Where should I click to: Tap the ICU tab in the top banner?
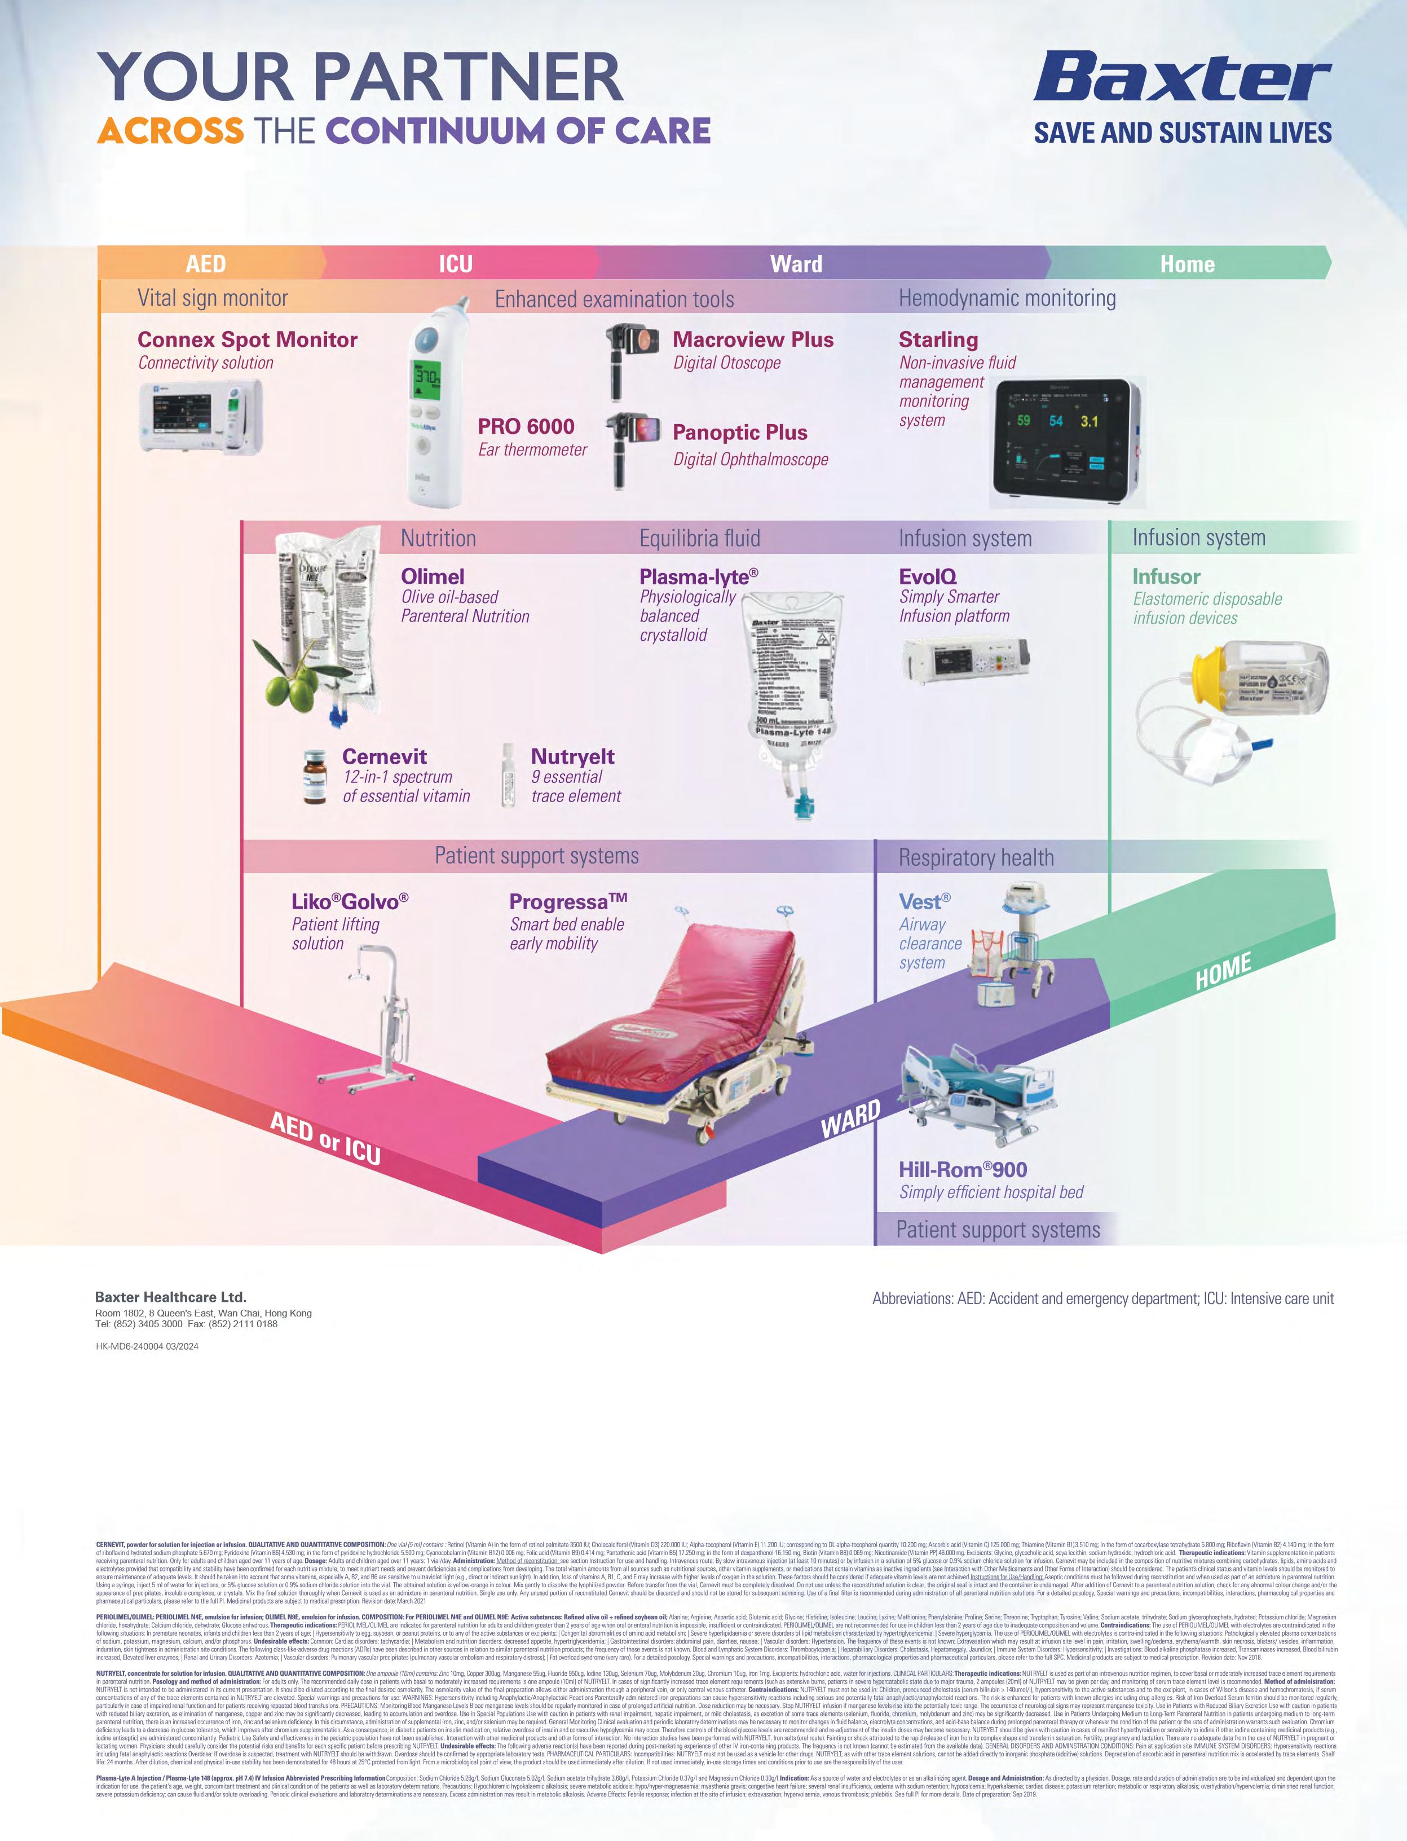456,264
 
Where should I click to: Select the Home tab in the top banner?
1187,264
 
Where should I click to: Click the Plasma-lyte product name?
699,576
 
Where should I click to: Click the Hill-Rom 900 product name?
962,1169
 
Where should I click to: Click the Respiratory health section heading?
976,858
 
